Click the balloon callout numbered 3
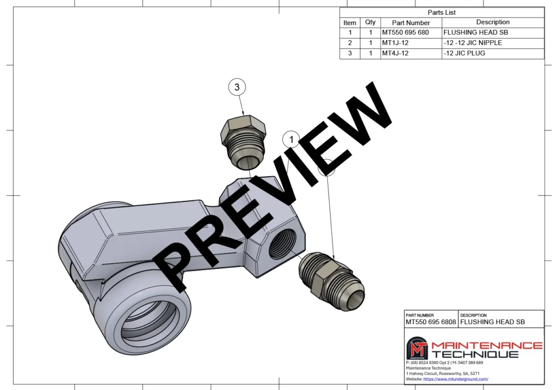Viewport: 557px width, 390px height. click(x=237, y=87)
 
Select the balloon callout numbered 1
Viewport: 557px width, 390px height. click(x=292, y=140)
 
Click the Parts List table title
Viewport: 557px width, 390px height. click(x=442, y=13)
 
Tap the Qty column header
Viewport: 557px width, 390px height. click(x=370, y=22)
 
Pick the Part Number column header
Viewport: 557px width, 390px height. click(x=411, y=23)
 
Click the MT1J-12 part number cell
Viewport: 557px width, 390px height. click(x=395, y=43)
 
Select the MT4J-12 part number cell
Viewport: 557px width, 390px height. click(x=395, y=53)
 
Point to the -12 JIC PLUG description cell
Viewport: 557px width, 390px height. click(x=465, y=53)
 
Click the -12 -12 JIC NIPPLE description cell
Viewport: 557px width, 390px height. click(x=473, y=43)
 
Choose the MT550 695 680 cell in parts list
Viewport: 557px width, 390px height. click(x=405, y=33)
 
